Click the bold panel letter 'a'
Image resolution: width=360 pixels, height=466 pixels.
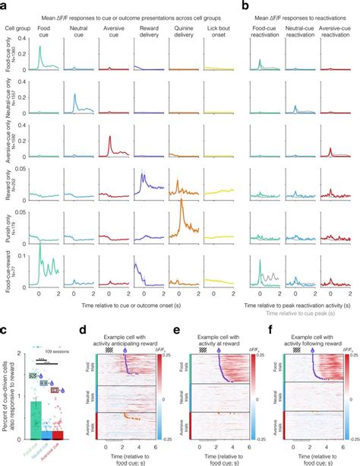click(5, 5)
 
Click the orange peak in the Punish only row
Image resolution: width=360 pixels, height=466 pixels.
click(178, 208)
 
